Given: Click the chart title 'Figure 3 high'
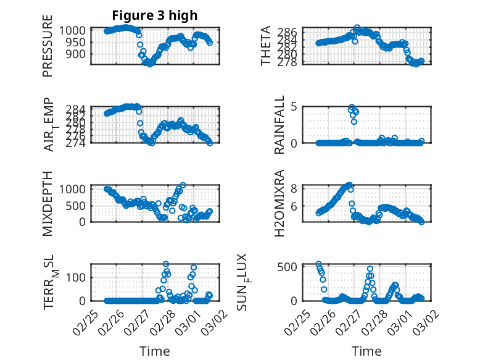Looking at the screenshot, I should pos(155,15).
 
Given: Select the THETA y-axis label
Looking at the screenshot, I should pos(266,47).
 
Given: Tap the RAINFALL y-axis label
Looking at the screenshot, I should pos(279,125).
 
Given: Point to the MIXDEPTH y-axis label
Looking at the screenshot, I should pos(48,203).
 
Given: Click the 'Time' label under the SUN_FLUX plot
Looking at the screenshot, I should pos(366,351).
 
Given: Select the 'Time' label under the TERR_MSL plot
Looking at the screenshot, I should pos(155,351).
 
